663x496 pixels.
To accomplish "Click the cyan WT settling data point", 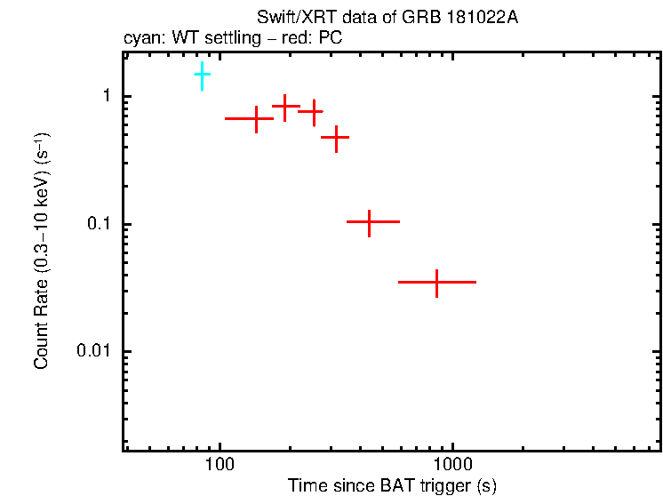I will (x=203, y=76).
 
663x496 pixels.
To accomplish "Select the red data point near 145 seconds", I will (x=256, y=118).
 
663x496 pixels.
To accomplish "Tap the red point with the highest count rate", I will (x=284, y=107).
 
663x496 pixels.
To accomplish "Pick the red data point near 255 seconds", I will (x=312, y=112).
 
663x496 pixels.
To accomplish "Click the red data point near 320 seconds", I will (x=336, y=138).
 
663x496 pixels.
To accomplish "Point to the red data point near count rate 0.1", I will (x=370, y=221).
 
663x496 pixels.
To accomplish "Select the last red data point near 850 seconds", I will (x=436, y=282).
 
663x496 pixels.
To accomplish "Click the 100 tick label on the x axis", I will (x=219, y=465).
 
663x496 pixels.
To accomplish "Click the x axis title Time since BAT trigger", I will (x=391, y=485).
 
